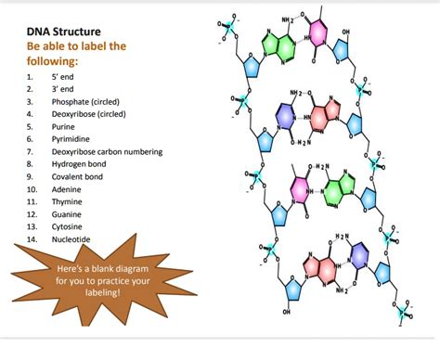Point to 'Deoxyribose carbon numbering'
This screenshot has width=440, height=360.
pyautogui.click(x=107, y=151)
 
